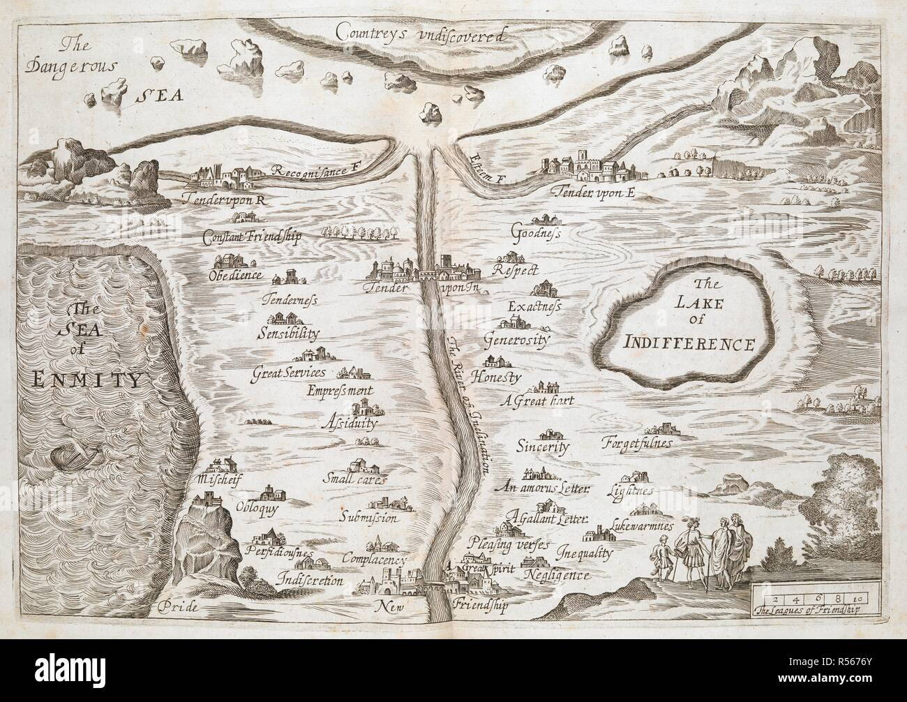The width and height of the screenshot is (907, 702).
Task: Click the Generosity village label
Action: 517,341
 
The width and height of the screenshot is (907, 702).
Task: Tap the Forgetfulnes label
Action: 637,443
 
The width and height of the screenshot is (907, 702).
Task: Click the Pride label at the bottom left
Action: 179,606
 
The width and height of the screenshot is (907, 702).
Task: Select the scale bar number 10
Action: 857,598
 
